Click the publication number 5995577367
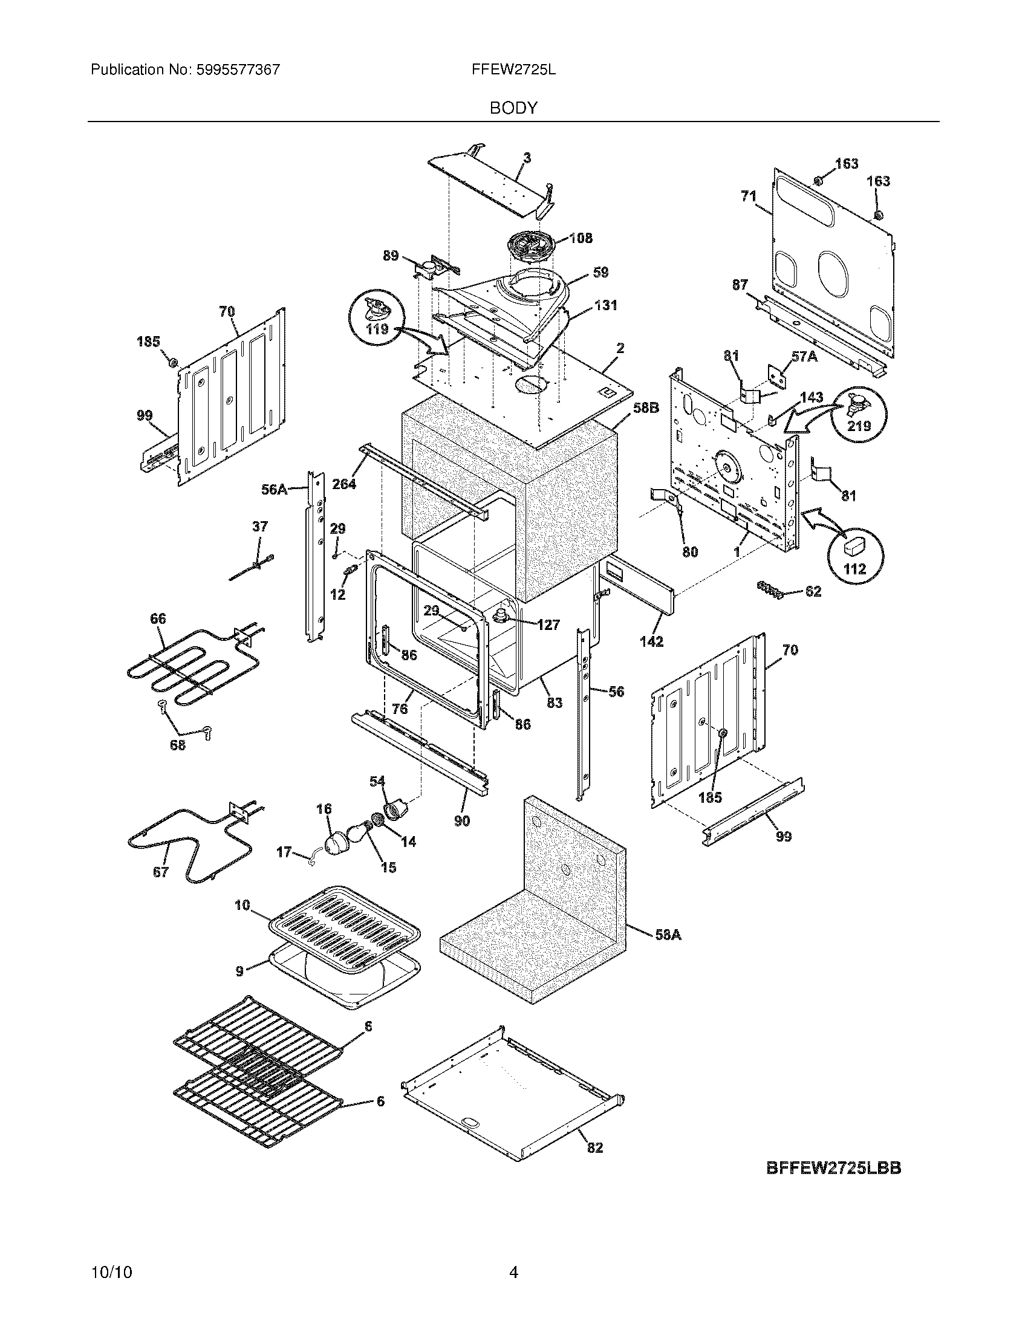238,70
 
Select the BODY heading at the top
513,108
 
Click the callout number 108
581,238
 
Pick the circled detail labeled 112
855,556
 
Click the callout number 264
344,484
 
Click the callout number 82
595,1147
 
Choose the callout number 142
651,641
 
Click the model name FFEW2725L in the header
513,70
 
